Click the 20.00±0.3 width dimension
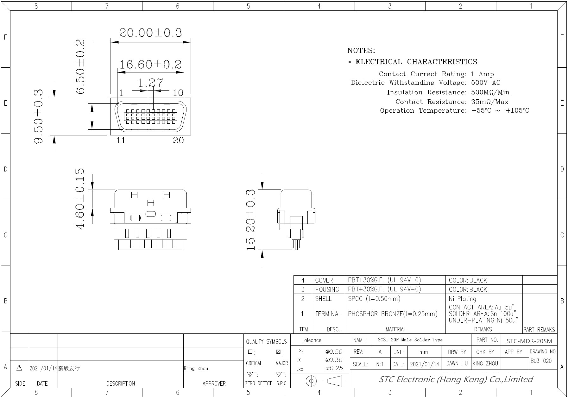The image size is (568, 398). click(150, 33)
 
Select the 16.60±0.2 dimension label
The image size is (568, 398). click(150, 65)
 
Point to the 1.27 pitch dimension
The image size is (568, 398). click(150, 83)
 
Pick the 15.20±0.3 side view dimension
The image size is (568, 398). click(250, 220)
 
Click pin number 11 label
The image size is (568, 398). click(121, 140)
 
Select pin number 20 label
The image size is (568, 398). click(178, 140)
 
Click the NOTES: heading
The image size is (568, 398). click(361, 51)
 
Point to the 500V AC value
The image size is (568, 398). click(486, 83)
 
